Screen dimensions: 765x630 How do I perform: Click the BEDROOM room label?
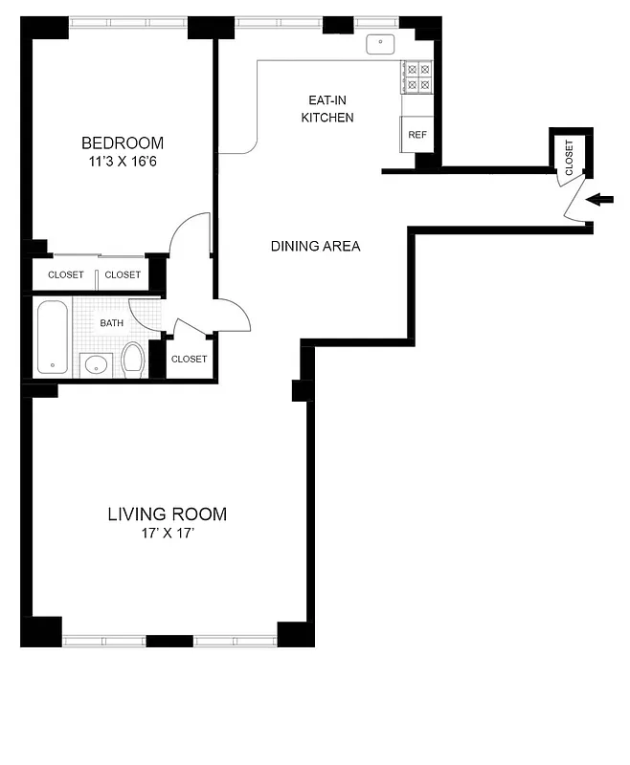tap(122, 143)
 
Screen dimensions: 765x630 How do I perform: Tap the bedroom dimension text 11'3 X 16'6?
tap(122, 163)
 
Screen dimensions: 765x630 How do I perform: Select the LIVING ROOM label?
tap(167, 514)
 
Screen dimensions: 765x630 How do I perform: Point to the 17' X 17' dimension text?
tap(167, 534)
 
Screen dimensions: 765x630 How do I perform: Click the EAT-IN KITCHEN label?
tap(327, 108)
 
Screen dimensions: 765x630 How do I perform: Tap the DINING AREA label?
tap(315, 246)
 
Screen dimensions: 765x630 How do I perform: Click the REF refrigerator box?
tap(417, 135)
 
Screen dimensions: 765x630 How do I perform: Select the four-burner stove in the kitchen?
tap(417, 76)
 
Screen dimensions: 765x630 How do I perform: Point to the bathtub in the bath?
tap(53, 338)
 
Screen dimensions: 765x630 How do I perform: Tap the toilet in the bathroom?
tap(132, 361)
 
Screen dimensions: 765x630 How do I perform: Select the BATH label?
tap(112, 323)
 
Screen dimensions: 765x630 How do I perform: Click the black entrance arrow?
tap(600, 199)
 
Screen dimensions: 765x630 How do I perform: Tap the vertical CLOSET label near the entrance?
tap(569, 155)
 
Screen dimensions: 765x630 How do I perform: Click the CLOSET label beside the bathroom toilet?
tap(189, 360)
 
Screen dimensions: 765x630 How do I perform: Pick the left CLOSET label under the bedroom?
tap(65, 275)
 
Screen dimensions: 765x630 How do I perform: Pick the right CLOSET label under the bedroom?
tap(123, 275)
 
